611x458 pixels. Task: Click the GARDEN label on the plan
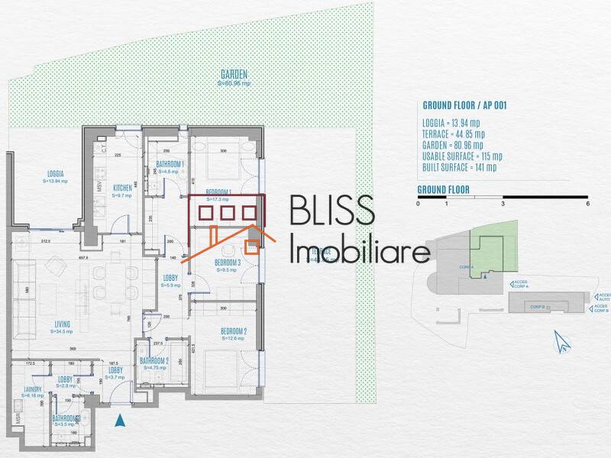(x=234, y=74)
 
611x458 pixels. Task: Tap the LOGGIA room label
(x=55, y=173)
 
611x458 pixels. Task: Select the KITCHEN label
(x=123, y=187)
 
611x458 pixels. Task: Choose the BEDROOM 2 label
(x=234, y=331)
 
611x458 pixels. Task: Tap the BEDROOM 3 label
(x=228, y=263)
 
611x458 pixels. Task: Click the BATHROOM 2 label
(x=154, y=361)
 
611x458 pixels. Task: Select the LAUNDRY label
(x=33, y=389)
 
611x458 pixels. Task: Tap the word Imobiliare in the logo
(x=359, y=249)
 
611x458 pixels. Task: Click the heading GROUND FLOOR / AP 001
(x=464, y=106)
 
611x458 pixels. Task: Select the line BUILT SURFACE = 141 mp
(x=459, y=167)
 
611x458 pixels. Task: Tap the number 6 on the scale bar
(x=587, y=204)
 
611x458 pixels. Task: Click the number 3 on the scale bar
(x=503, y=204)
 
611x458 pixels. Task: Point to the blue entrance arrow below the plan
(x=119, y=419)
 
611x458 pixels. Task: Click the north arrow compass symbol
(x=563, y=341)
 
